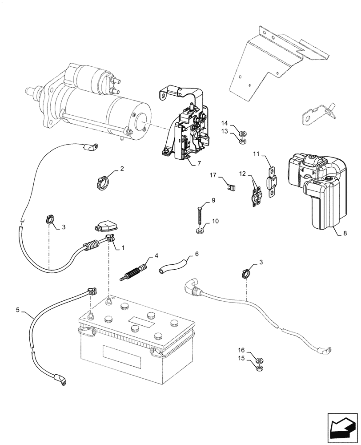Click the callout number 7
coord(199,164)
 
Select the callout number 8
coord(345,232)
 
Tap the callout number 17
coord(213,175)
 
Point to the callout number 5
coord(18,309)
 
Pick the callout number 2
coord(121,169)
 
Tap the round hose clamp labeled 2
coord(102,182)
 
